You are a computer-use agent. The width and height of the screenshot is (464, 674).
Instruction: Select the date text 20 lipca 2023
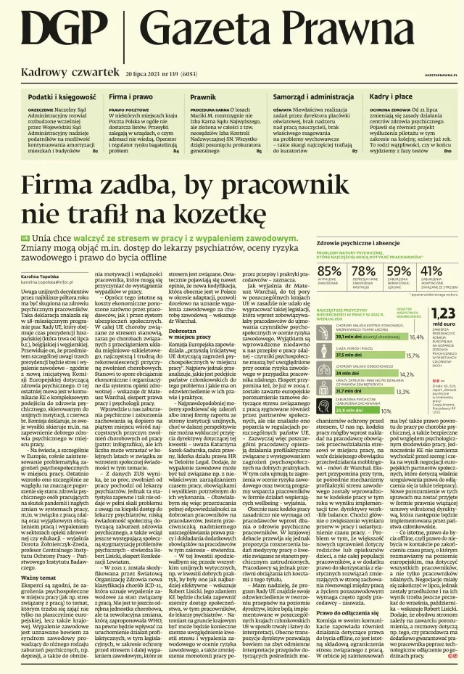click(151, 74)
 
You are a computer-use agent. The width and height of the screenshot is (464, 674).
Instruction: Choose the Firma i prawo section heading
click(130, 96)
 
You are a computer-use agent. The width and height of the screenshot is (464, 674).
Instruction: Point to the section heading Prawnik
click(203, 96)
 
